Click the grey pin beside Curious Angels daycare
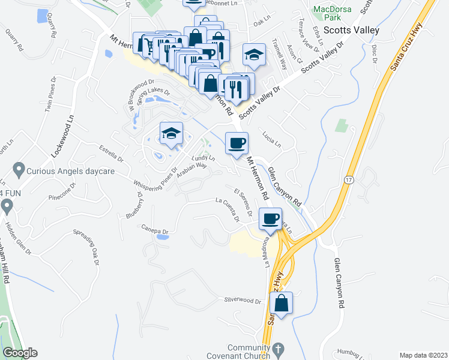(x=19, y=170)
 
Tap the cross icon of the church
(x=277, y=348)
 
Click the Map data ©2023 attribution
(x=424, y=355)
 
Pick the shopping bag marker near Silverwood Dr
(x=282, y=304)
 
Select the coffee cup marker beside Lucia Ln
(x=236, y=143)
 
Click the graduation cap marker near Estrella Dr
(x=171, y=133)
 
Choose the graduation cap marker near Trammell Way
(x=254, y=55)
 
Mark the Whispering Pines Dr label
(x=155, y=179)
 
